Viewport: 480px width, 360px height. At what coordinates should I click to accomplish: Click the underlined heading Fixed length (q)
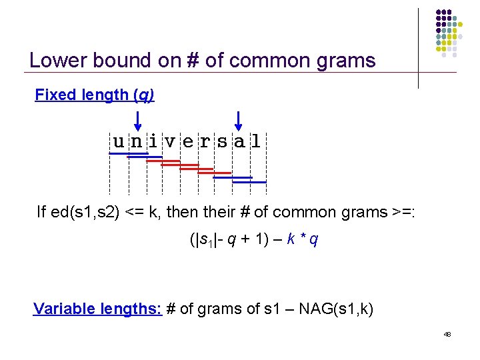95,95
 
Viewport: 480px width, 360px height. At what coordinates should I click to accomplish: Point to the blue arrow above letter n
137,121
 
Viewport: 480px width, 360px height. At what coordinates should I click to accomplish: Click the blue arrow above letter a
238,121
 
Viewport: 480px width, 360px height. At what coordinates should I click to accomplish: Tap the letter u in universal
119,141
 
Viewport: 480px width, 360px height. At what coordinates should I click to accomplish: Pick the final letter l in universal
256,141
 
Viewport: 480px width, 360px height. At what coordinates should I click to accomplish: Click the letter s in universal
221,141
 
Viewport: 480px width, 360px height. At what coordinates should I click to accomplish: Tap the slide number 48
447,334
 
